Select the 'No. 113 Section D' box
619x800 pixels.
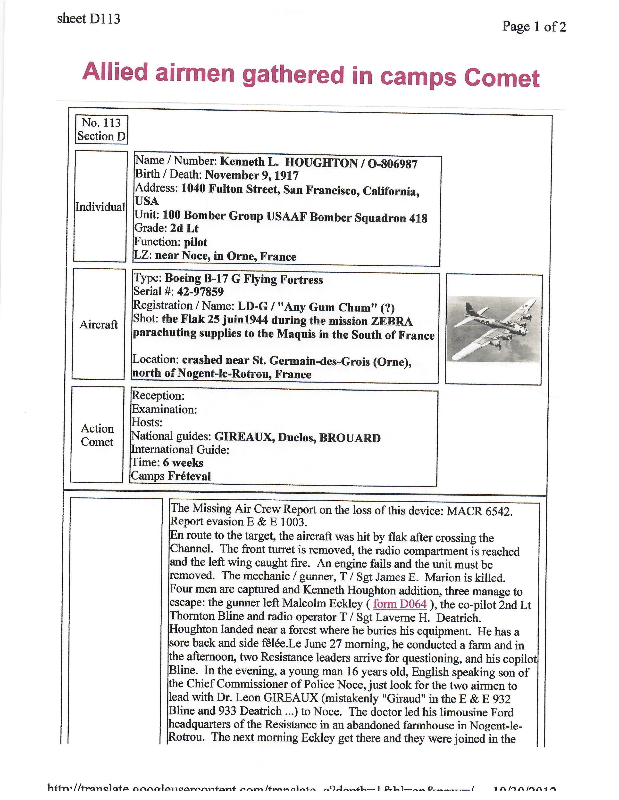[x=101, y=129]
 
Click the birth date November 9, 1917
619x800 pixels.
[x=251, y=176]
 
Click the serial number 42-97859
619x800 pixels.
[x=200, y=292]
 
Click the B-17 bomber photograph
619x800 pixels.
[x=493, y=328]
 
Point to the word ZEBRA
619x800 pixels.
[x=391, y=321]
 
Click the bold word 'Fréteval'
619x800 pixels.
[x=189, y=476]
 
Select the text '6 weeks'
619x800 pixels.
[x=183, y=463]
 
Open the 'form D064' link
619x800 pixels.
[x=400, y=604]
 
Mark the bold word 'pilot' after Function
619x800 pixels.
[x=195, y=242]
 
